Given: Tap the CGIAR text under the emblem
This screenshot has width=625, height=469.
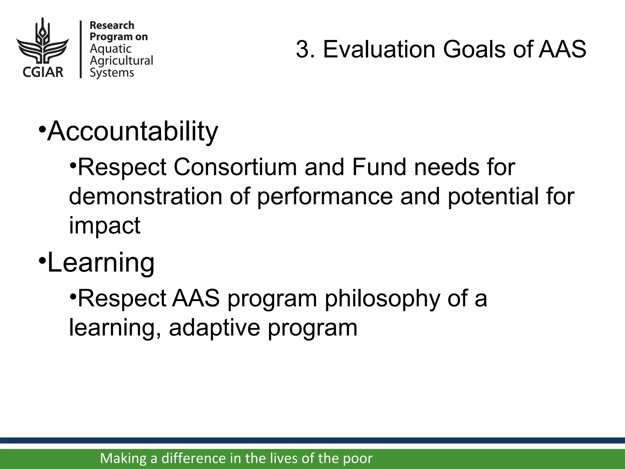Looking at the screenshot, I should tap(43, 72).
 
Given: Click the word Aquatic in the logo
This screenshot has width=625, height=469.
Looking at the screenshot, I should tap(110, 49).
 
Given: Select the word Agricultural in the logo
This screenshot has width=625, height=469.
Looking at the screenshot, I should tap(121, 61).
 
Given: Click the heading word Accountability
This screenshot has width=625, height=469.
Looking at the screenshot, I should tap(133, 131).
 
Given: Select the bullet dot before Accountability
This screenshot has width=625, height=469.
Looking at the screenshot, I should tap(42, 129).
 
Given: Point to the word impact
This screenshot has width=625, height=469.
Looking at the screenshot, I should tap(105, 225).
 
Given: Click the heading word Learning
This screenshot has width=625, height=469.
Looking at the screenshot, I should tap(101, 263).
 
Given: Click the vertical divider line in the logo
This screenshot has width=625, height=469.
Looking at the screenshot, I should tap(81, 49).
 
